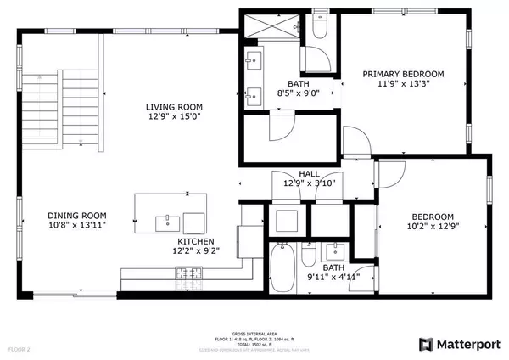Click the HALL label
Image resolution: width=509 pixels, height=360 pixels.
click(x=285, y=174)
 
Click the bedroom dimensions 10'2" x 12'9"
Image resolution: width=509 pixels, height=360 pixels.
click(x=433, y=227)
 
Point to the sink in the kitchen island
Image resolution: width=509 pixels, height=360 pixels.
click(x=164, y=223)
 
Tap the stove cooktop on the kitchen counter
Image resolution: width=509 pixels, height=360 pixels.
click(x=187, y=273)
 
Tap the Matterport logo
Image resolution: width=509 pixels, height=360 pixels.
click(x=459, y=344)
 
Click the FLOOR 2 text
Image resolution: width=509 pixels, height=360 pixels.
click(x=20, y=348)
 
